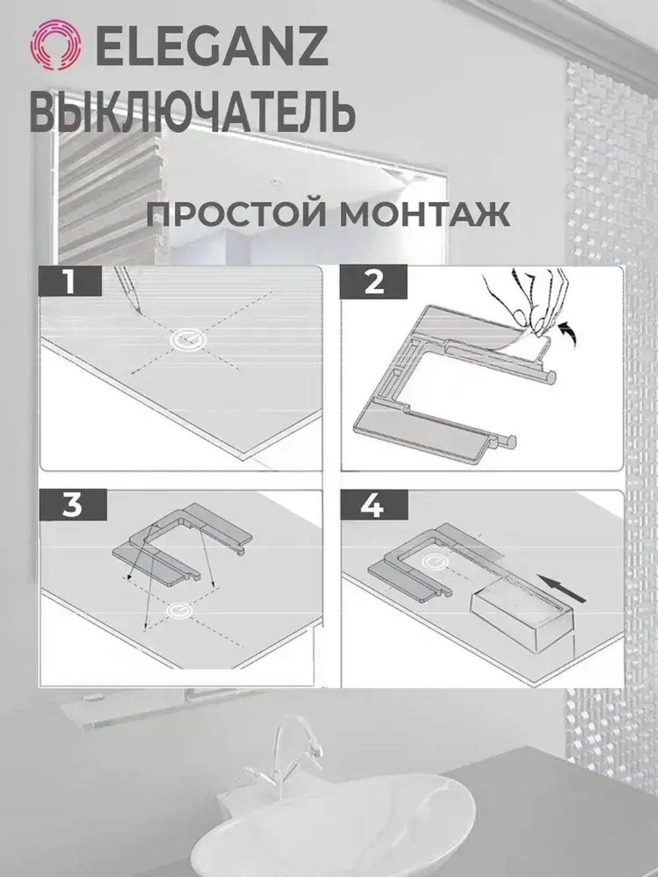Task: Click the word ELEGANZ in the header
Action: coord(213,47)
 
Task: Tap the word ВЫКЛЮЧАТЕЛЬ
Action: coord(193,111)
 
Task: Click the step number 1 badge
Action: coord(70,282)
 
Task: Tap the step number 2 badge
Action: coord(373,282)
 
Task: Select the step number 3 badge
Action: coord(72,505)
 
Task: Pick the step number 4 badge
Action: coord(373,505)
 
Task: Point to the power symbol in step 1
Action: coord(188,339)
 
